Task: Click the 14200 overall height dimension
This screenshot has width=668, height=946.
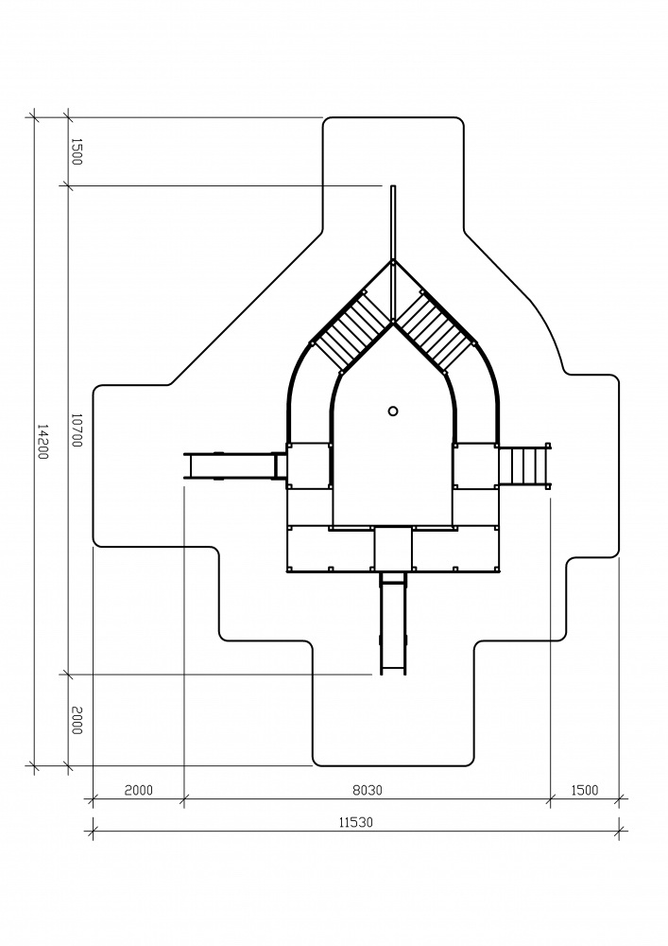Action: [x=43, y=441]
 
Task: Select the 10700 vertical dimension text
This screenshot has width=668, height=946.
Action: [x=77, y=430]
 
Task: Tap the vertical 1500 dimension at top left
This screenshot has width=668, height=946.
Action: [x=77, y=151]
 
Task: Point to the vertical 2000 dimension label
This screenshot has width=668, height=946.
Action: [x=77, y=720]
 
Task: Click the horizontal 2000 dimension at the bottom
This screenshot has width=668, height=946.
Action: [x=139, y=790]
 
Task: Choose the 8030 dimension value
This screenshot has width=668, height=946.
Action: [x=368, y=790]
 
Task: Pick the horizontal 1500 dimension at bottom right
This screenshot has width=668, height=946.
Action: [x=584, y=790]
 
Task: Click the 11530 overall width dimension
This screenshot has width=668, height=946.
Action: [x=355, y=822]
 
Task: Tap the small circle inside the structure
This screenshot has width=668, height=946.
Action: [x=393, y=411]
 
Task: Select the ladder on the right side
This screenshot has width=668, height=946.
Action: [x=524, y=465]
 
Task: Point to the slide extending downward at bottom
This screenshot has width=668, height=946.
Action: [x=393, y=622]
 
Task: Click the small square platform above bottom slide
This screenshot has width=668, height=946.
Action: [x=393, y=548]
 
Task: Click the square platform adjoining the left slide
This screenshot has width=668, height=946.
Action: [x=309, y=465]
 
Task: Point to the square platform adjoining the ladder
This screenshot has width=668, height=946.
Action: [x=476, y=465]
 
